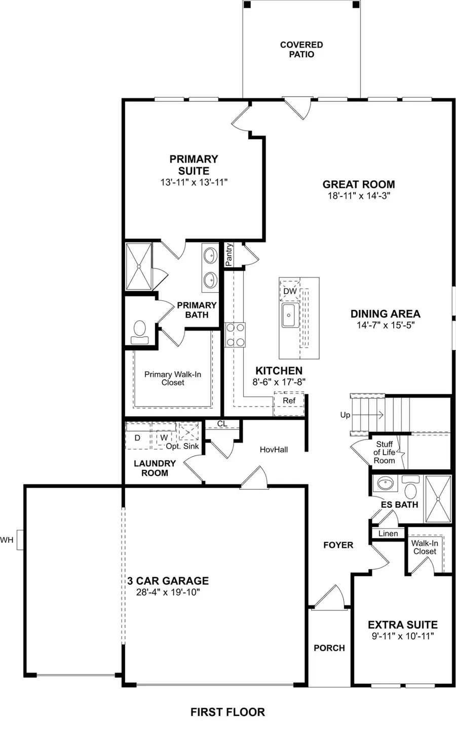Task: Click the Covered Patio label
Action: click(301, 50)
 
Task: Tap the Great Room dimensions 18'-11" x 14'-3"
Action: click(359, 196)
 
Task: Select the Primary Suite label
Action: click(194, 165)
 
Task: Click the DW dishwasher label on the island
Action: click(290, 292)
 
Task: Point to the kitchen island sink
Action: click(289, 315)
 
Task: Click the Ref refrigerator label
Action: click(289, 401)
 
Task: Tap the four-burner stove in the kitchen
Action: click(235, 335)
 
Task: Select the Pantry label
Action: click(229, 255)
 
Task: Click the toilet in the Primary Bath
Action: click(138, 331)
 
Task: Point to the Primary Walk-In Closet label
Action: click(173, 378)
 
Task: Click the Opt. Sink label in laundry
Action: click(182, 447)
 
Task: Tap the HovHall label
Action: click(274, 450)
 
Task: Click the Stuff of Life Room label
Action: click(384, 452)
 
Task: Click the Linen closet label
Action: click(388, 533)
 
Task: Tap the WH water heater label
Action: click(7, 540)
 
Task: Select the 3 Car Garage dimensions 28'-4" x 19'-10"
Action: click(168, 592)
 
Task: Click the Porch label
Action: click(329, 648)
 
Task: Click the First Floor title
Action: click(227, 712)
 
